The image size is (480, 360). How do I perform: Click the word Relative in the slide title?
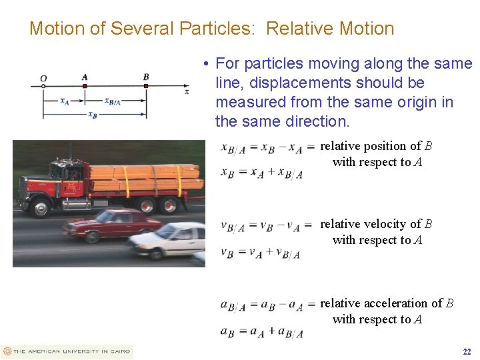301,29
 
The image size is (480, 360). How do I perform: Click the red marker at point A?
85,85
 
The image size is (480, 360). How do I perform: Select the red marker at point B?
146,85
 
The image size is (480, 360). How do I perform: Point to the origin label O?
43,78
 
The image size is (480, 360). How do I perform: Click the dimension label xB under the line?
93,115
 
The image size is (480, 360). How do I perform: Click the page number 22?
467,351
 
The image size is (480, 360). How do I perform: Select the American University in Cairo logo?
67,351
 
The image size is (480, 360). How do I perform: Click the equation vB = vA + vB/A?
261,253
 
